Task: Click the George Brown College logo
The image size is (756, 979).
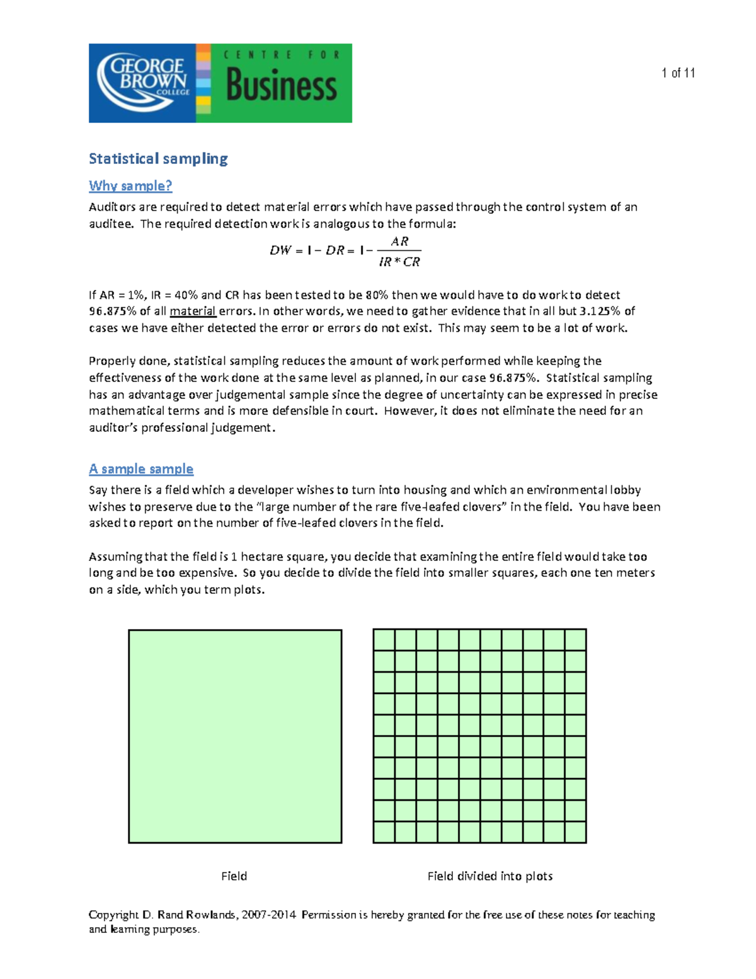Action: click(142, 83)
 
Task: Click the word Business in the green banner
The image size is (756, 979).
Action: click(281, 86)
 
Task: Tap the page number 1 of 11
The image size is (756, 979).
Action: click(678, 73)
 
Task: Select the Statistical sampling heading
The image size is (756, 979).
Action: click(158, 158)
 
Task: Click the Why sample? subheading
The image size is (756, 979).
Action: click(130, 186)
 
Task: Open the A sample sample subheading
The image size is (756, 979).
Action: click(141, 469)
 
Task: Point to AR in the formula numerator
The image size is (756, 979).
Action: click(399, 241)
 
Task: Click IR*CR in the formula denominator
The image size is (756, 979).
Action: click(399, 262)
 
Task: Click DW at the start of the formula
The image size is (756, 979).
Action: click(280, 250)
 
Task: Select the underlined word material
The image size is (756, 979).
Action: click(193, 311)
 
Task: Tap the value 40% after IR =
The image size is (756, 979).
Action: click(186, 295)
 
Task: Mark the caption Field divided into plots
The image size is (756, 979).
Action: click(490, 876)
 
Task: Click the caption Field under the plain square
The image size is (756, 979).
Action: click(234, 876)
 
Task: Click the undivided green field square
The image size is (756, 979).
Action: click(235, 736)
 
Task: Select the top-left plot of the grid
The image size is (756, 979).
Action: click(384, 640)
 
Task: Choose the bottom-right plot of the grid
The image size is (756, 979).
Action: click(575, 832)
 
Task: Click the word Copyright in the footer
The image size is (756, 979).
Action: click(113, 915)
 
